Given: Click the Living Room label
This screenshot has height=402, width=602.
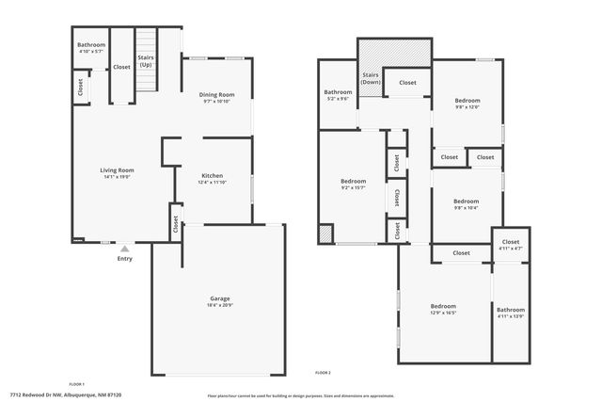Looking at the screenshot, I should coord(118,170).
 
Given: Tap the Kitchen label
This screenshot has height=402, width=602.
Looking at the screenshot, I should coord(212,176).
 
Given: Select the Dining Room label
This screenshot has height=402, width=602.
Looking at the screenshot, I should coord(216,95).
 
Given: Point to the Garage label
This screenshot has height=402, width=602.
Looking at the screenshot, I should coord(218,300).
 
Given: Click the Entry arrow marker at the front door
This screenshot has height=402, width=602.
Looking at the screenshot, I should coord(124,249).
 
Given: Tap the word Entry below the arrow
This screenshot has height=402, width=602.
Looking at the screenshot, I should coord(124,259).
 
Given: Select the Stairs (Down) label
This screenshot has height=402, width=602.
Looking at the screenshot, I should coord(370,78).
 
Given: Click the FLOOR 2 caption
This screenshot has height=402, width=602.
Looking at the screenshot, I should coord(323,373).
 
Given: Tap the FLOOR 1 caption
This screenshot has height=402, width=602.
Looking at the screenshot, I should coord(76,384).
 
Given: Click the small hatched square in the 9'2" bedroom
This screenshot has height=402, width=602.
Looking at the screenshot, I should coord(325,233).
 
